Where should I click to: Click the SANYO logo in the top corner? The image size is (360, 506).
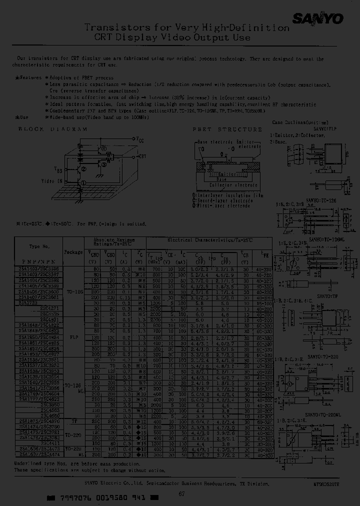[x=324, y=19]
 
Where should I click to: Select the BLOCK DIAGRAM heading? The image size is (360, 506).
[x=52, y=128]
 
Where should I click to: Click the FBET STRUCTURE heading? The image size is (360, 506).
[x=227, y=129]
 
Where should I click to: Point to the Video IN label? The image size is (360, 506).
[x=52, y=180]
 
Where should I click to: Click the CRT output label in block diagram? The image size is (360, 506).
[x=142, y=156]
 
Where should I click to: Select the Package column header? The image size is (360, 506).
[x=74, y=252]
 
